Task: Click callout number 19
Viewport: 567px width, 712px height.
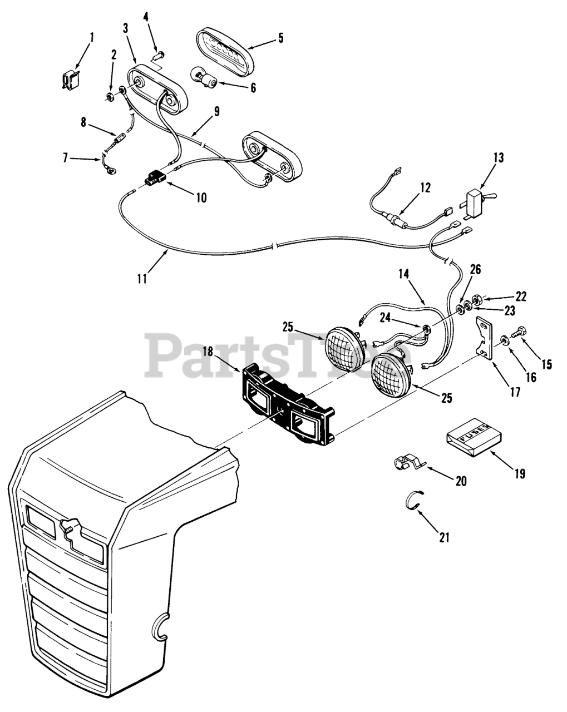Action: click(519, 473)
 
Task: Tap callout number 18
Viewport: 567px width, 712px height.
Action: click(207, 352)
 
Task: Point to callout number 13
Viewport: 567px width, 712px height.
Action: click(498, 157)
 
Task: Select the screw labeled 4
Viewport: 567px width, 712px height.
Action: click(158, 55)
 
